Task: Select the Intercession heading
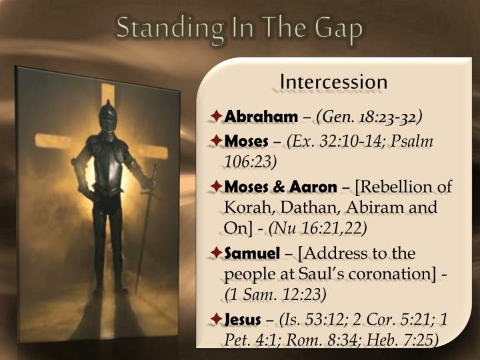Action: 333,82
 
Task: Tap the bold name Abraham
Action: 261,117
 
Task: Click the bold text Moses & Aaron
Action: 281,186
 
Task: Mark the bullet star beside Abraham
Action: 216,117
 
